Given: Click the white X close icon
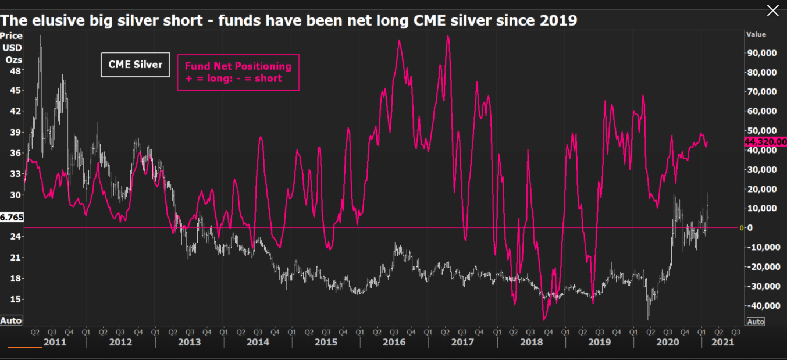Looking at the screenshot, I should [x=772, y=10].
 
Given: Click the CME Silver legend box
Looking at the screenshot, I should [x=136, y=65].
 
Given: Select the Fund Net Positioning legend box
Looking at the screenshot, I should [x=238, y=72].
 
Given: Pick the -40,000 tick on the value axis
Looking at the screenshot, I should [x=763, y=305].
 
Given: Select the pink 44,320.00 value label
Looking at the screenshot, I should [x=765, y=141].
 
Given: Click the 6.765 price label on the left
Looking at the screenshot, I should [x=12, y=217].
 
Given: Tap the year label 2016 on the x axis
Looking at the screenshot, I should [x=394, y=342].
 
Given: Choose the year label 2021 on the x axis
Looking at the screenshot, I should [x=722, y=342].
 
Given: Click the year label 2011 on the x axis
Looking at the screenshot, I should [x=54, y=342].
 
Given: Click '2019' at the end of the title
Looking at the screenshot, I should [x=560, y=21].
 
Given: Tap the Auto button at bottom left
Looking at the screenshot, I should [x=11, y=320].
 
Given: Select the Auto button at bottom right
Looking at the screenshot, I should [x=756, y=322].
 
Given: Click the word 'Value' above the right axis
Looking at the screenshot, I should [x=756, y=35].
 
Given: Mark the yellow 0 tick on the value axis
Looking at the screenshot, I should [x=742, y=227].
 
